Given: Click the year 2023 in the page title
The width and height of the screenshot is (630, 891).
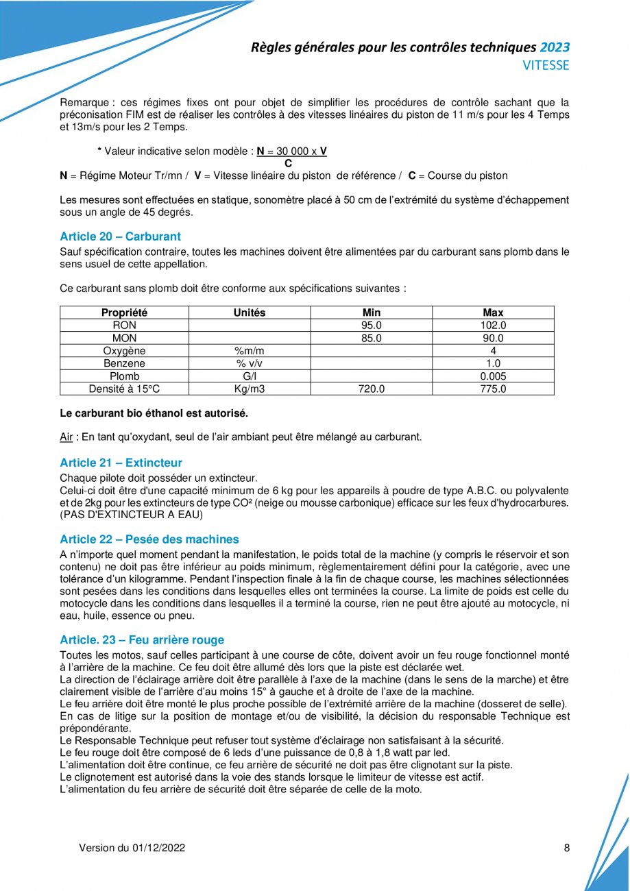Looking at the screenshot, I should pyautogui.click(x=555, y=48).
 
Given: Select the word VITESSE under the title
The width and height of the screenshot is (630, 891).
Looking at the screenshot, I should pyautogui.click(x=546, y=66).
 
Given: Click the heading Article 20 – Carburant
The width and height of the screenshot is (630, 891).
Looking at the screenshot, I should pyautogui.click(x=120, y=236).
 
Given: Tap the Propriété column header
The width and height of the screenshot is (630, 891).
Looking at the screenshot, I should pyautogui.click(x=124, y=313).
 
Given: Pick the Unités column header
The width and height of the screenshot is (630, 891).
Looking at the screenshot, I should pyautogui.click(x=250, y=313).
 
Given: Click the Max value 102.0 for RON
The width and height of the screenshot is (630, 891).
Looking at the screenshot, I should pyautogui.click(x=493, y=326).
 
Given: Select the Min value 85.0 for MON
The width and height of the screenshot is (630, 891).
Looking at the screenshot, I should pyautogui.click(x=371, y=338).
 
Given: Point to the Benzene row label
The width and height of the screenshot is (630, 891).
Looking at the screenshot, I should pyautogui.click(x=124, y=363).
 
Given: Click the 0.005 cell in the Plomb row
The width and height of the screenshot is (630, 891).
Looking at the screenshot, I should pyautogui.click(x=493, y=376).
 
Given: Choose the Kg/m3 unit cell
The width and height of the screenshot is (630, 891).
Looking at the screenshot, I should pyautogui.click(x=250, y=389).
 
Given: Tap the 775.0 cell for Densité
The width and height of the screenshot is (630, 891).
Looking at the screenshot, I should pyautogui.click(x=493, y=389).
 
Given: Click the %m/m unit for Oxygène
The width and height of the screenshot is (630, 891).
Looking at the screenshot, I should pyautogui.click(x=250, y=351).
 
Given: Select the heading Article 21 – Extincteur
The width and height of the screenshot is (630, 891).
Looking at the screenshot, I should pyautogui.click(x=121, y=463).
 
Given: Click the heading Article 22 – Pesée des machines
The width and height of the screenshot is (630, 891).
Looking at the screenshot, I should pyautogui.click(x=149, y=539).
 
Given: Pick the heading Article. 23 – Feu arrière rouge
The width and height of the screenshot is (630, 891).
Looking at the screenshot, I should pyautogui.click(x=142, y=640).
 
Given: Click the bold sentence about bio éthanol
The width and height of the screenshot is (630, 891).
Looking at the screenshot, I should pyautogui.click(x=154, y=413).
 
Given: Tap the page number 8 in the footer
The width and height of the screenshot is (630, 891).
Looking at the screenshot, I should pyautogui.click(x=567, y=848).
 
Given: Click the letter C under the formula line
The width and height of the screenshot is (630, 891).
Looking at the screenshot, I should pyautogui.click(x=288, y=163).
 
